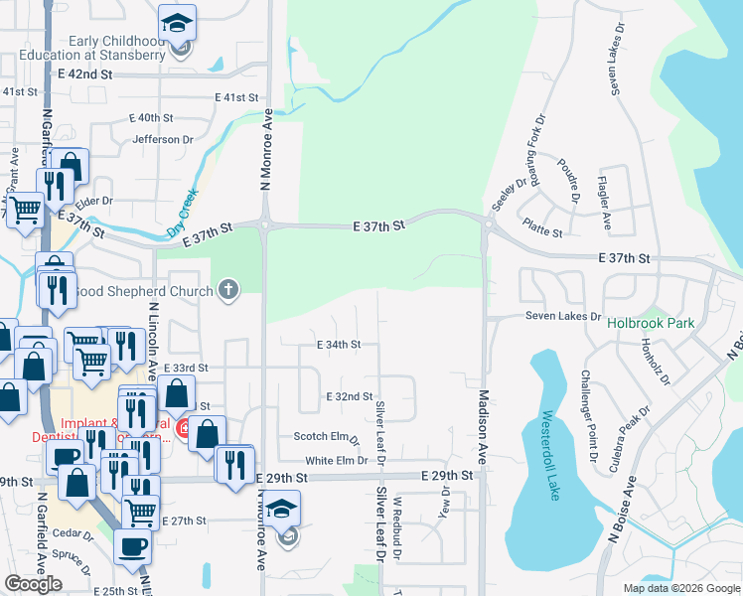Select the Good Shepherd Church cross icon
coord(228,291)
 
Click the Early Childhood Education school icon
coord(178,22)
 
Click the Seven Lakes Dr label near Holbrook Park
coord(563,317)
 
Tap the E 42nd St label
coord(86,74)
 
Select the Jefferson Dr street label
coord(162,139)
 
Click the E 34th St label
coord(338,345)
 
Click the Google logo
coord(33,583)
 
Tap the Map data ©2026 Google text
coord(680,588)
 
